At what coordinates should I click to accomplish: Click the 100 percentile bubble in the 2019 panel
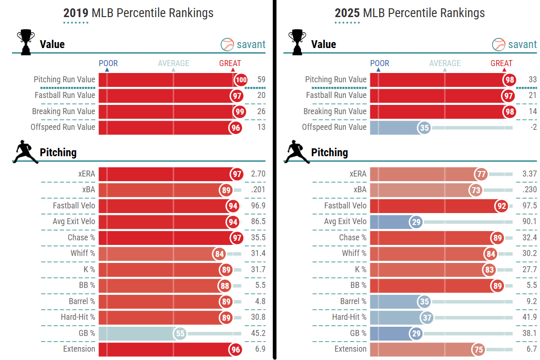240,80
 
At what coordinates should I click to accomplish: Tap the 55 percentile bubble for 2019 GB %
180,333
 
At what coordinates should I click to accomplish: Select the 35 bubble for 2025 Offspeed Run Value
424,128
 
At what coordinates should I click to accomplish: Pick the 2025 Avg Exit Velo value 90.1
528,222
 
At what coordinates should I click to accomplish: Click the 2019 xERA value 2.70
257,174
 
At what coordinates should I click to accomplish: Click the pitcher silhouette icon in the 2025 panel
297,153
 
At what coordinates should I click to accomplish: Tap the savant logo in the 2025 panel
515,44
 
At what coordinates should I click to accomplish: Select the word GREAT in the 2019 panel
230,63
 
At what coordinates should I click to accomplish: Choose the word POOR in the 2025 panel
380,63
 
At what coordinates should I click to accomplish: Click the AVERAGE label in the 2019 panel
173,63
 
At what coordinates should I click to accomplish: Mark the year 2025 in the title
347,13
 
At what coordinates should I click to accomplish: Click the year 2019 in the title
75,13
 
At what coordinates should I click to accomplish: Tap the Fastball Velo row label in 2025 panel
345,206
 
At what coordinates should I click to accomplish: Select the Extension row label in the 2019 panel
79,349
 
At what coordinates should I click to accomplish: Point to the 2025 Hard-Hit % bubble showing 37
427,317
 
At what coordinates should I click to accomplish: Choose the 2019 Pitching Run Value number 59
261,79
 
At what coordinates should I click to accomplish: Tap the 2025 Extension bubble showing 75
479,349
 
